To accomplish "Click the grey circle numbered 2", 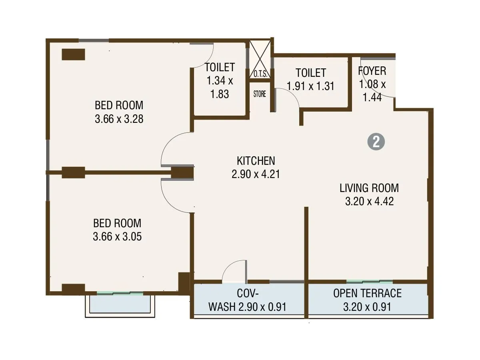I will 376,142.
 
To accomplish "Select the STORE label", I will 259,94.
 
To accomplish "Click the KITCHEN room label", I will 256,161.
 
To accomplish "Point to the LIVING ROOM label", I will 369,188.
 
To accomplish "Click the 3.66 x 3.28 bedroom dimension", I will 119,119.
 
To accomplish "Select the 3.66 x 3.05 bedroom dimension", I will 117,236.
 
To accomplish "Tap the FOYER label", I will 372,71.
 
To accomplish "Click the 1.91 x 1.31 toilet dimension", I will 310,86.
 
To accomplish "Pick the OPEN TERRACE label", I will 367,293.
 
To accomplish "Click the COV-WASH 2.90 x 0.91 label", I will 248,300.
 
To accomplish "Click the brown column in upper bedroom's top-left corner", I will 73,54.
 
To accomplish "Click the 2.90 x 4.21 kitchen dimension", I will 256,175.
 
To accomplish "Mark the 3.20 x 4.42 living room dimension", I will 369,201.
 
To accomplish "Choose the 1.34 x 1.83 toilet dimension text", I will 220,88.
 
